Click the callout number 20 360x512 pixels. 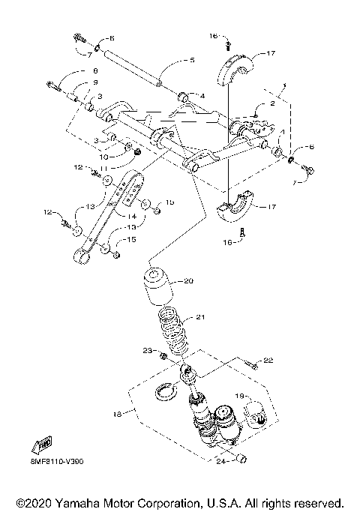coord(188,281)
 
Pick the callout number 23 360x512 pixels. coord(148,351)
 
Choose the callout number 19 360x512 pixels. coord(241,394)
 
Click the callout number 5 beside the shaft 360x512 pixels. coord(192,60)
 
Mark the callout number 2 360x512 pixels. coord(271,106)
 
